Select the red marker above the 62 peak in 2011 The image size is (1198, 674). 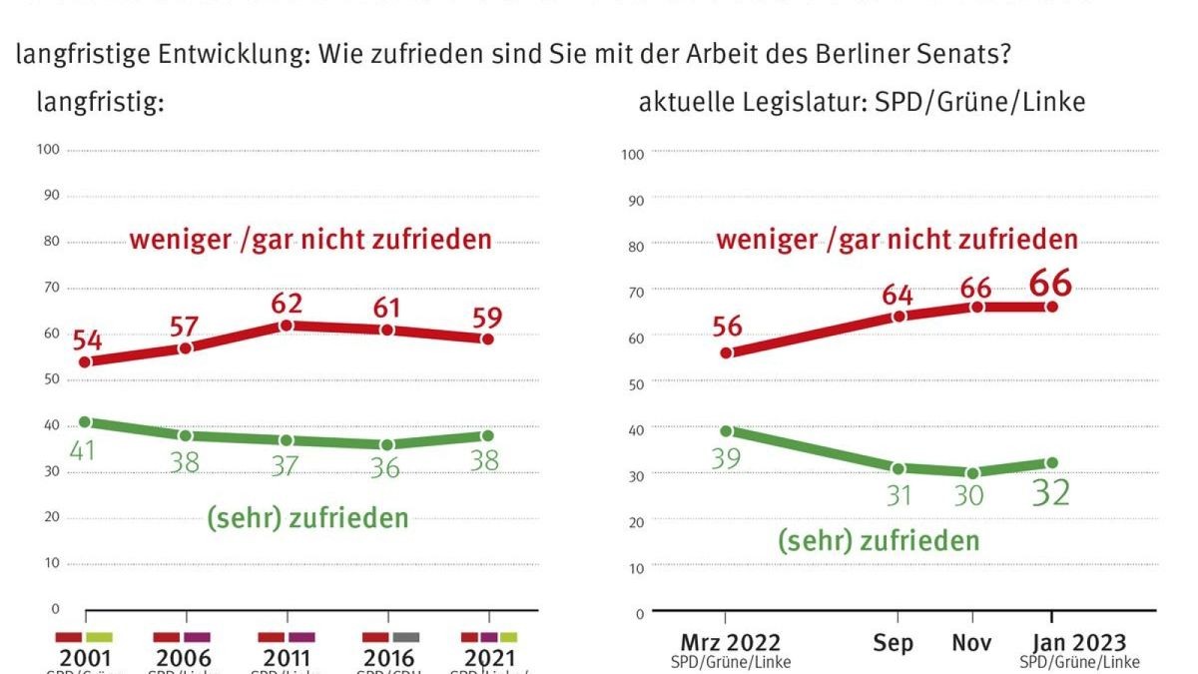coord(287,326)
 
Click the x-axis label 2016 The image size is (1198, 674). coord(389,659)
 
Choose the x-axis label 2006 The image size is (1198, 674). coord(184,659)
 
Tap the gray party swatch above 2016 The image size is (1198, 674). coord(405,637)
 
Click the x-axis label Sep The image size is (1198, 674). coord(893,644)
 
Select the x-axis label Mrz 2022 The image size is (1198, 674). coord(731,643)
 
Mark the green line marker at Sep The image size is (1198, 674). coord(898,468)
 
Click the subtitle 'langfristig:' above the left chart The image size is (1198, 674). coord(100,102)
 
